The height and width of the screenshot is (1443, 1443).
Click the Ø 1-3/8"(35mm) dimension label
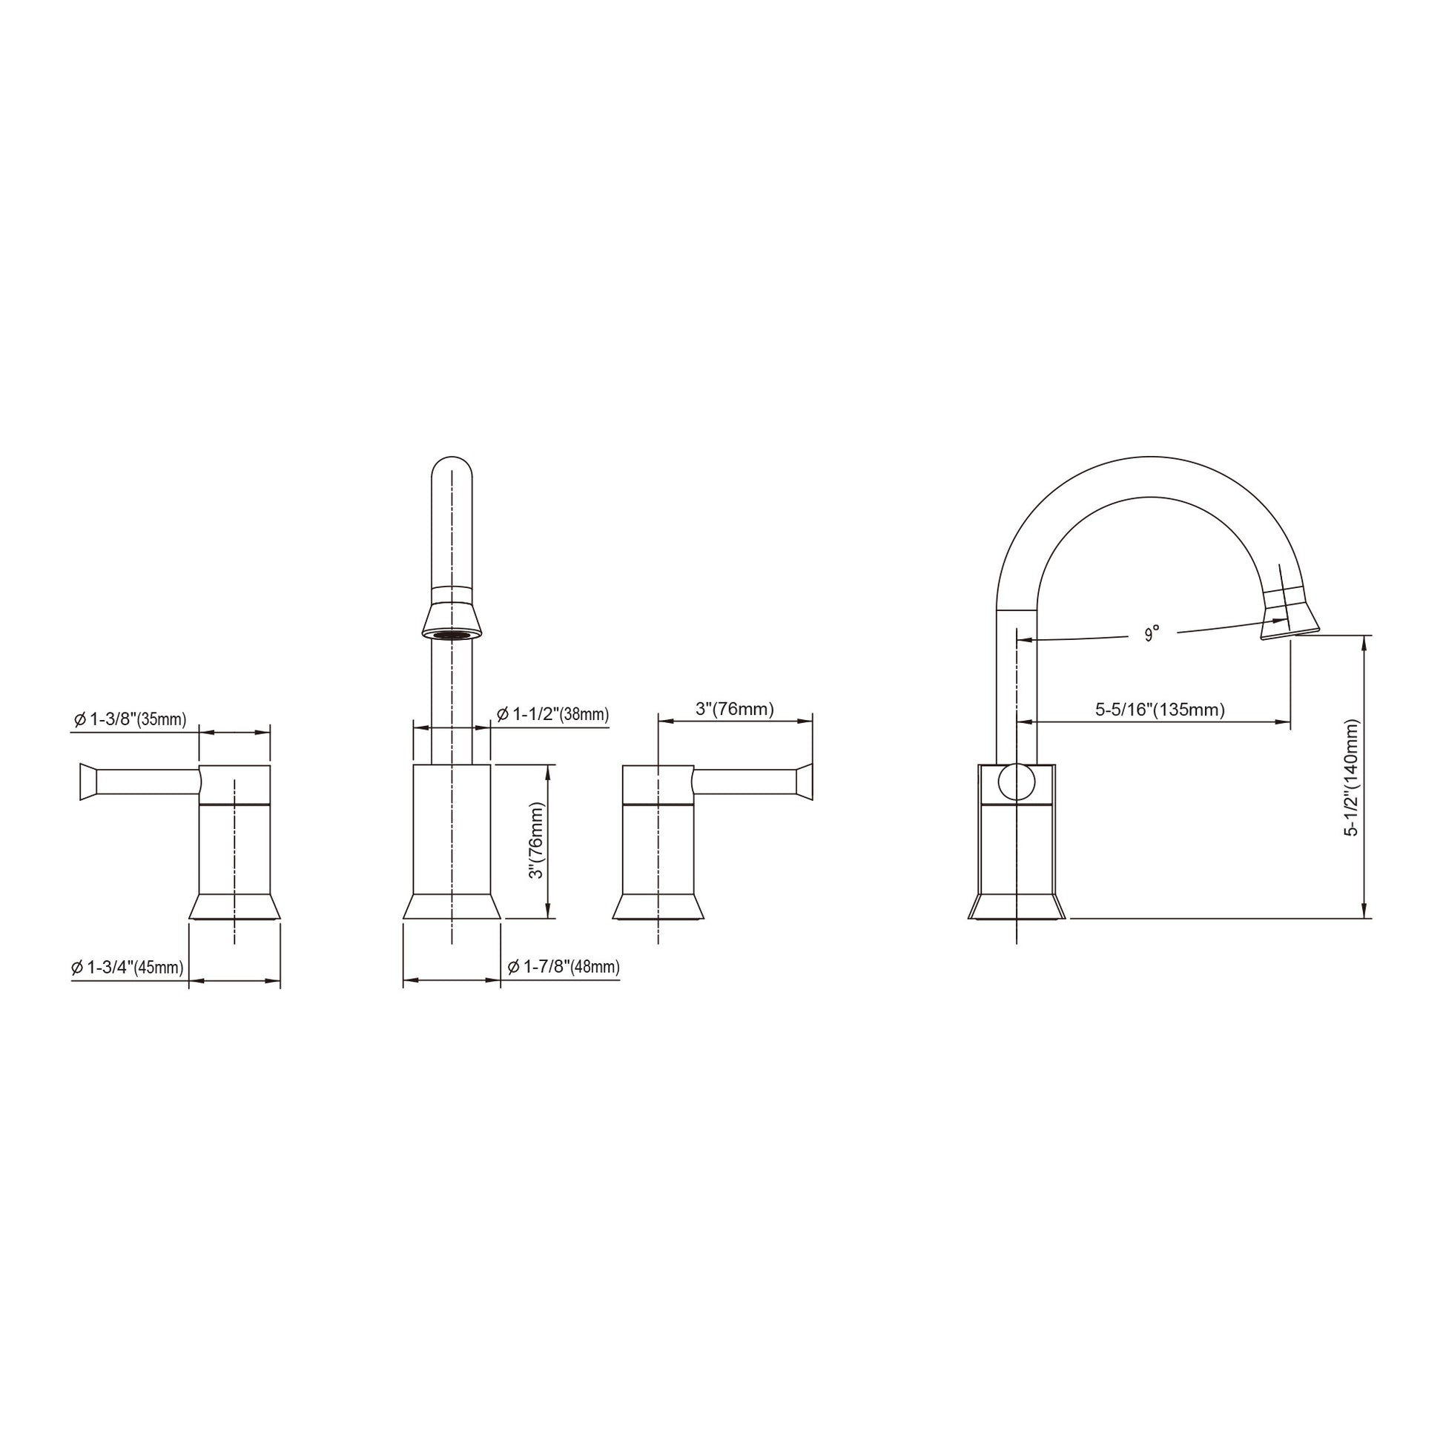pyautogui.click(x=129, y=720)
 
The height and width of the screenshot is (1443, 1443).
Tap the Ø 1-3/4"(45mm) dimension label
pyautogui.click(x=128, y=967)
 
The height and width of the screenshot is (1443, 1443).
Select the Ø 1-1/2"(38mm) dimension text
pyautogui.click(x=552, y=715)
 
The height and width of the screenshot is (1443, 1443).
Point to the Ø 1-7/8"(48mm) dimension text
pyautogui.click(x=564, y=967)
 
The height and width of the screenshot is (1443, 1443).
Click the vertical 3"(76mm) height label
pyautogui.click(x=536, y=841)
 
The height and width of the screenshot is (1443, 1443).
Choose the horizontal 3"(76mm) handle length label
pyautogui.click(x=735, y=709)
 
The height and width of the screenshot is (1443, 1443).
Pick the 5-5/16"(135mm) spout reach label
pyautogui.click(x=1160, y=710)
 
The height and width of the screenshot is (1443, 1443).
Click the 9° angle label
pyautogui.click(x=1152, y=634)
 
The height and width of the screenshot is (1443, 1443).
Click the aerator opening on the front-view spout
pyautogui.click(x=452, y=634)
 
